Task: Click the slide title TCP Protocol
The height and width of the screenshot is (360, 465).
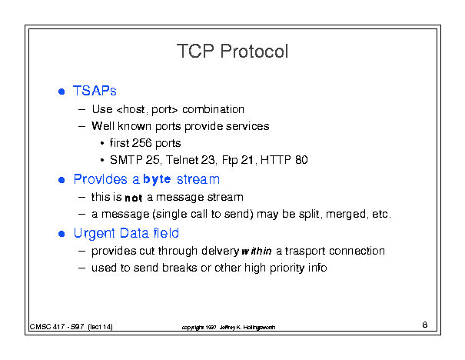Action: [x=232, y=51]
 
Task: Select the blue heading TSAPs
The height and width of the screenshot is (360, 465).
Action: [x=95, y=91]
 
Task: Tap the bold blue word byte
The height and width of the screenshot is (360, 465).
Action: [x=157, y=179]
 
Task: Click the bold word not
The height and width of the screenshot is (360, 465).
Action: [x=134, y=198]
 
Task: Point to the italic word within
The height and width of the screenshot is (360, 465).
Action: [x=257, y=251]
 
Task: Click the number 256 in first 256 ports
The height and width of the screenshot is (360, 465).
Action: [x=141, y=143]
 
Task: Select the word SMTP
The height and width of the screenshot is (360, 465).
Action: [x=126, y=160]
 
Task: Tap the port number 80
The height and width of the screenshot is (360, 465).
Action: [x=301, y=160]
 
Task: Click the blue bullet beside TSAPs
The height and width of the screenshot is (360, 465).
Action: [x=61, y=92]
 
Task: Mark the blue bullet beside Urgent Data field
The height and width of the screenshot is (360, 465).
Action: [x=61, y=234]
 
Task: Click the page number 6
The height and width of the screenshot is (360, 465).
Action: [x=425, y=325]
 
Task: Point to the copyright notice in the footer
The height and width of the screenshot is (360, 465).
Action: [x=228, y=328]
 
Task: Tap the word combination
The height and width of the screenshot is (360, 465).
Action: [x=213, y=109]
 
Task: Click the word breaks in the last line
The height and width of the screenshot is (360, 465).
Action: [x=179, y=268]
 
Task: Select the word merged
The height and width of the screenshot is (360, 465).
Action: [x=347, y=215]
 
